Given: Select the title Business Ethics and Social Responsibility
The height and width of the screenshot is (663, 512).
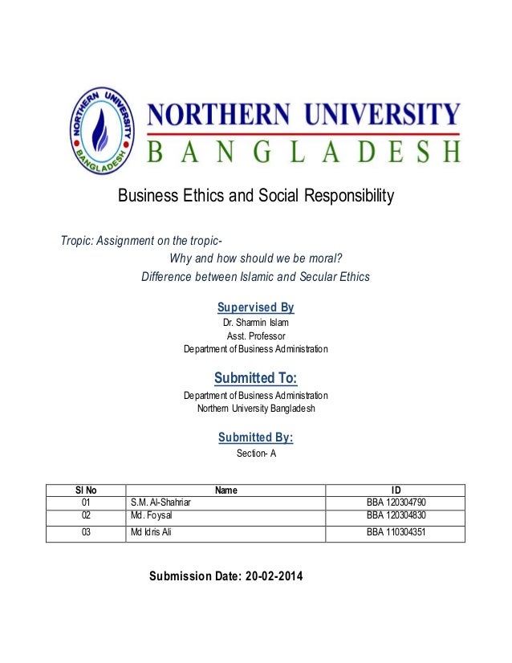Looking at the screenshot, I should (256, 195).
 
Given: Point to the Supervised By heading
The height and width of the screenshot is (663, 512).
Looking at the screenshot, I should (256, 307).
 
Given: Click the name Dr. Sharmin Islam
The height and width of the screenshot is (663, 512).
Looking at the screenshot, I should (256, 323).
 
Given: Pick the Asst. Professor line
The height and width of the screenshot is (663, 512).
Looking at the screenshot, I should (256, 336).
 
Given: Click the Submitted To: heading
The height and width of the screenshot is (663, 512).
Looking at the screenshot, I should (256, 378).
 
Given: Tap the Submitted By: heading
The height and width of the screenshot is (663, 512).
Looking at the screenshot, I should (256, 437).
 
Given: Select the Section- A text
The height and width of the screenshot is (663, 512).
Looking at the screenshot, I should (256, 454).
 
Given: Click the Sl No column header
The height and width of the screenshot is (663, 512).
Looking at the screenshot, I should (86, 490).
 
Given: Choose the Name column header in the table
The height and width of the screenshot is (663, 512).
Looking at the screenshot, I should (226, 490).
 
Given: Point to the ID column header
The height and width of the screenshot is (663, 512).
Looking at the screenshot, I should (396, 490).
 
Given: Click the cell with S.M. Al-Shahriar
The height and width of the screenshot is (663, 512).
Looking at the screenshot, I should (161, 503).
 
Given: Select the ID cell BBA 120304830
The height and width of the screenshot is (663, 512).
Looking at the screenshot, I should (396, 515).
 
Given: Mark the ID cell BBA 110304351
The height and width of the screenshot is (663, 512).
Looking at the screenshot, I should (396, 531).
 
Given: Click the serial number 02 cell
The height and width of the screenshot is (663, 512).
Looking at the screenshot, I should (86, 515).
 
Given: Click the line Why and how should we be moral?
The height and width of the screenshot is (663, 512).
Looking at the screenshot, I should (262, 259).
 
